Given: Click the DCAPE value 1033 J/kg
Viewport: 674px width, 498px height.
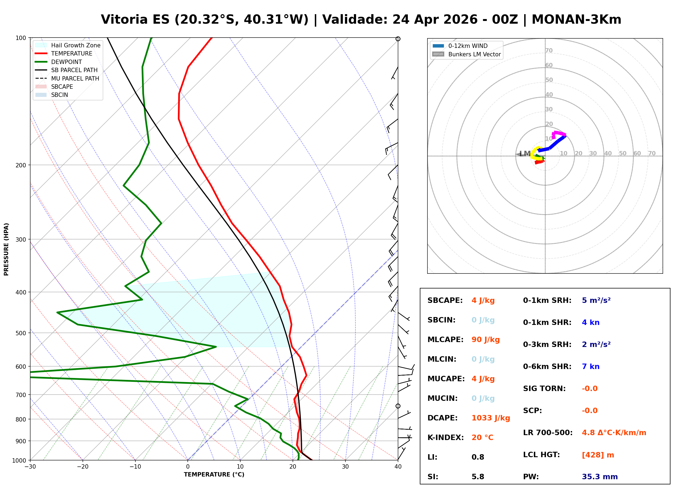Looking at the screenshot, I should click(x=490, y=418).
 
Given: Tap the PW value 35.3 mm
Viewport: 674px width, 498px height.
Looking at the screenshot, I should click(x=599, y=477).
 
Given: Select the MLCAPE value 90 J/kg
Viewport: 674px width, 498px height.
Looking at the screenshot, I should click(x=485, y=339).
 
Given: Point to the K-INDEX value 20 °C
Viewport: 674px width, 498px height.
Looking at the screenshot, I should click(x=482, y=437).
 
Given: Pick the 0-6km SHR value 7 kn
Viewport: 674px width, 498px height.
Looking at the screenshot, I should click(x=590, y=366).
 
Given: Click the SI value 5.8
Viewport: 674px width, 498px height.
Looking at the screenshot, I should click(x=478, y=477).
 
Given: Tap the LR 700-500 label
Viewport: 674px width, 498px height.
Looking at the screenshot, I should click(x=548, y=433).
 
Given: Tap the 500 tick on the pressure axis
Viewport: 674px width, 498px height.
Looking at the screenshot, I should click(x=21, y=333).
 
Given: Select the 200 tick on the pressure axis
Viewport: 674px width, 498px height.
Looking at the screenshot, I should click(x=21, y=165).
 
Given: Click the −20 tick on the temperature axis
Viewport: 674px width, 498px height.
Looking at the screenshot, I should click(x=82, y=467).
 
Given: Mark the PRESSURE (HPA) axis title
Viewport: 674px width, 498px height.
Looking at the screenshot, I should click(x=6, y=249).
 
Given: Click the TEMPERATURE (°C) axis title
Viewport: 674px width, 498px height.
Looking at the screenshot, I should click(x=214, y=475).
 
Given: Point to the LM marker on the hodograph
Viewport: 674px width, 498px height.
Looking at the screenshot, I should click(x=525, y=154).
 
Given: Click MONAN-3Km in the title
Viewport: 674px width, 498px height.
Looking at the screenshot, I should click(x=576, y=20).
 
